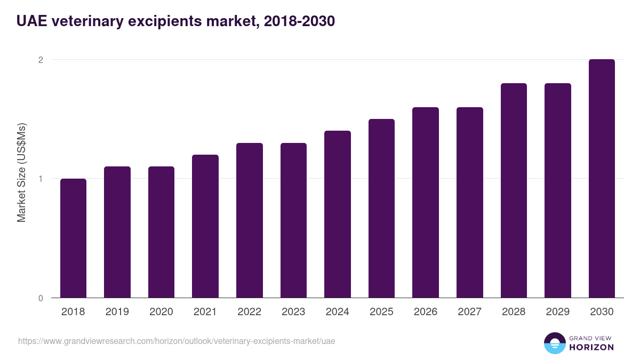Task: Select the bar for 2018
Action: [x=73, y=238]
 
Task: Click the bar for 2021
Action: [x=205, y=226]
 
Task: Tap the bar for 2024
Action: [x=337, y=214]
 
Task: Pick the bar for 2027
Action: [x=469, y=203]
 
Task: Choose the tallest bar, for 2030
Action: [x=602, y=179]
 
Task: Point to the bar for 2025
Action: [x=381, y=209]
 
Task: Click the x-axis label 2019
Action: [x=117, y=312]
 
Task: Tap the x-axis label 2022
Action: [x=249, y=312]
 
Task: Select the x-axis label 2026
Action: [x=425, y=312]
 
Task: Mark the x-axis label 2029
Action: [x=557, y=312]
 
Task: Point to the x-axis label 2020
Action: [x=161, y=312]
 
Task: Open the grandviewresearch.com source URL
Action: [x=177, y=341]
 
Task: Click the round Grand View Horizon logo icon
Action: [x=554, y=343]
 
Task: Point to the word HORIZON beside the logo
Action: [x=591, y=347]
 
